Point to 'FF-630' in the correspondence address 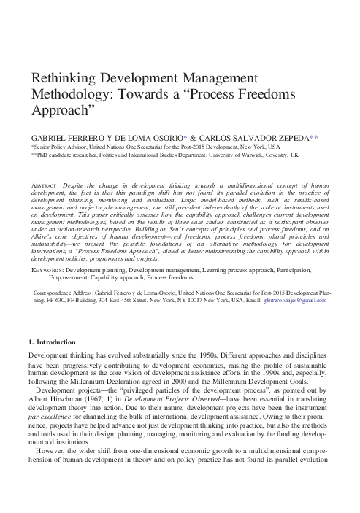pyautogui.click(x=55, y=299)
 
